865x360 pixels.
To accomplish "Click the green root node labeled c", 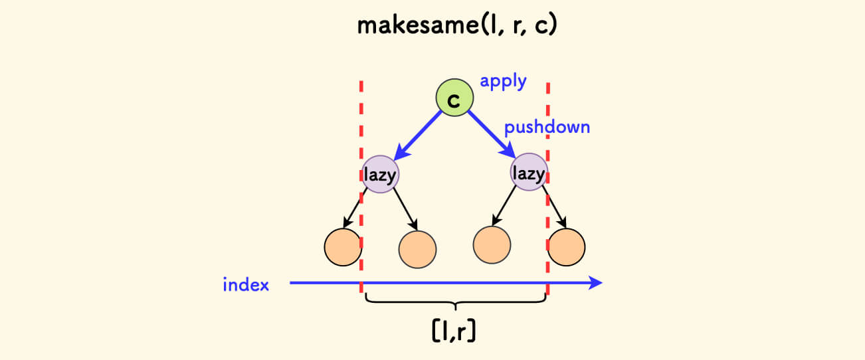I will (454, 100).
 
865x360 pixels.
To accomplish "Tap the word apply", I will (503, 82).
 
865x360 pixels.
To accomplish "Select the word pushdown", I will (547, 127).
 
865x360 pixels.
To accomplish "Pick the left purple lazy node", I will (380, 175).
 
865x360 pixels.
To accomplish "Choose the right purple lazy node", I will (529, 173).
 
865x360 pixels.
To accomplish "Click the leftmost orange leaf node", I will (342, 246).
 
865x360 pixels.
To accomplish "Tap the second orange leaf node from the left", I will (417, 249).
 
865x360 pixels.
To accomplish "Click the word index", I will (246, 285).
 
